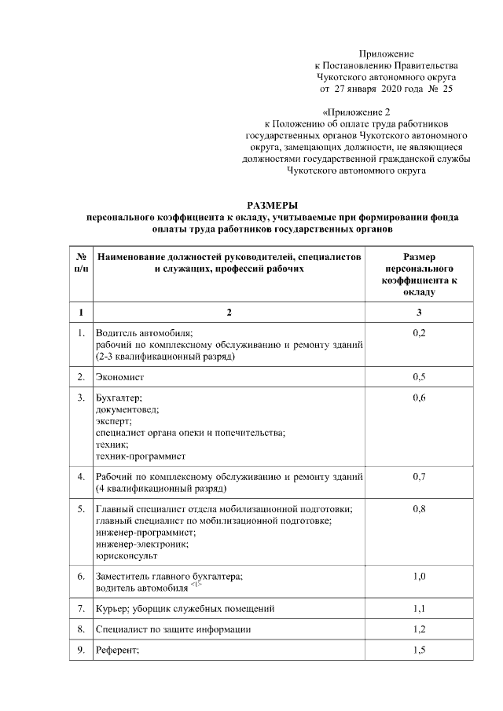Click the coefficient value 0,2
pyautogui.click(x=419, y=334)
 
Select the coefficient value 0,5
pyautogui.click(x=419, y=377)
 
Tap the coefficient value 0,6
pyautogui.click(x=419, y=398)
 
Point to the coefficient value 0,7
pyautogui.click(x=419, y=476)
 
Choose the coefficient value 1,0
pyautogui.click(x=419, y=577)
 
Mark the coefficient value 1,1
pyautogui.click(x=419, y=608)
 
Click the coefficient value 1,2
pyautogui.click(x=419, y=629)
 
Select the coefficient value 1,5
pyautogui.click(x=419, y=651)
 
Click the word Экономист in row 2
pyautogui.click(x=117, y=377)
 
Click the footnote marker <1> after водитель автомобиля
pyautogui.click(x=196, y=585)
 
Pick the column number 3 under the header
pyautogui.click(x=419, y=313)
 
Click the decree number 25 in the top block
pyautogui.click(x=447, y=90)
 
